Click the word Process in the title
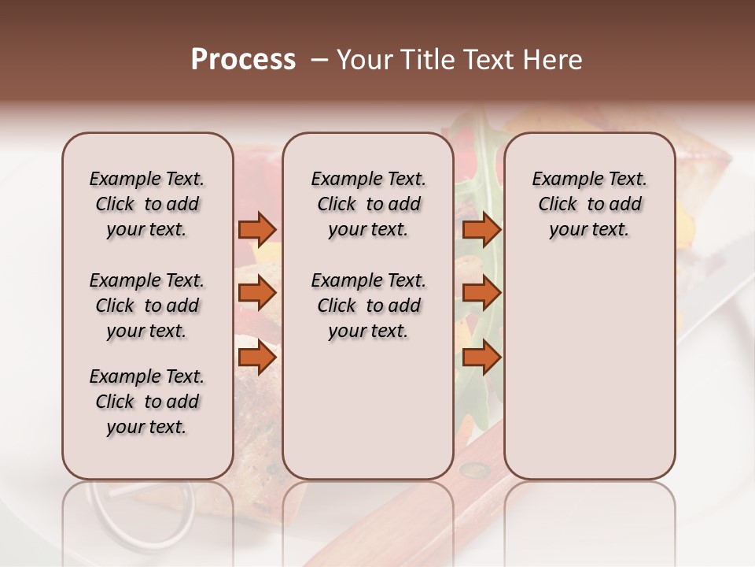243,59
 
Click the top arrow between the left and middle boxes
256,229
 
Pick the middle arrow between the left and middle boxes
256,293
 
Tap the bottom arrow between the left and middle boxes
256,358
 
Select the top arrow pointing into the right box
481,229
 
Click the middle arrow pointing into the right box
481,293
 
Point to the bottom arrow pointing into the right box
481,358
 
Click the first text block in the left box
146,204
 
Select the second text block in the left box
146,306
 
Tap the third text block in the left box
146,402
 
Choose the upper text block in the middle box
368,204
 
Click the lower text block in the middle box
368,306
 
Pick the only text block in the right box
589,204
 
